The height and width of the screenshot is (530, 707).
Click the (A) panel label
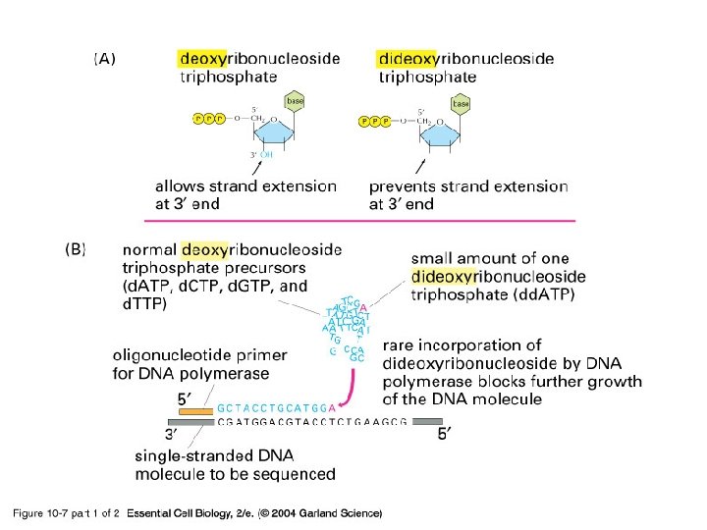(x=105, y=59)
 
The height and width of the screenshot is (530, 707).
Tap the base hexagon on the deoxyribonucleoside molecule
(x=295, y=100)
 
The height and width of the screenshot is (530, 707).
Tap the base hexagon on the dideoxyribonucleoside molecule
(x=460, y=103)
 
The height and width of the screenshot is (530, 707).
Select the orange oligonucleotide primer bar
(x=195, y=409)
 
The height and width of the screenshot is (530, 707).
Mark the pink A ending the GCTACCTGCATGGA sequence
(x=333, y=406)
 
